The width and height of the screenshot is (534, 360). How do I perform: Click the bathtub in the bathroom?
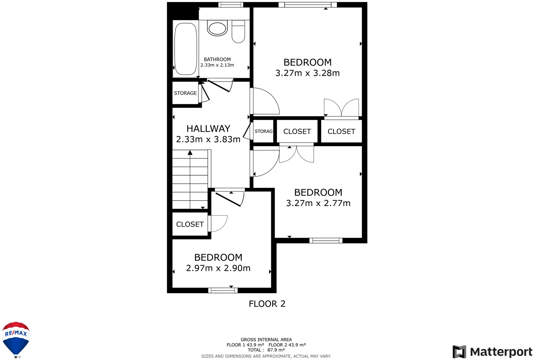[x=186, y=49]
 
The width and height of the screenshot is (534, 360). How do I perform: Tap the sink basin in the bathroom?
[x=217, y=28]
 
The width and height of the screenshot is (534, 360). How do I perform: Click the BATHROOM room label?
[x=217, y=59]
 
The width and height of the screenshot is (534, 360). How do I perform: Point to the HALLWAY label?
[x=208, y=128]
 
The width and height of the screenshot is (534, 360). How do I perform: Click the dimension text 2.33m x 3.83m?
[x=208, y=139]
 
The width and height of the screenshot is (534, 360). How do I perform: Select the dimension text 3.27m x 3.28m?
[x=308, y=73]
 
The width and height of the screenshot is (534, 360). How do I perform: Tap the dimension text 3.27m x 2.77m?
[x=318, y=203]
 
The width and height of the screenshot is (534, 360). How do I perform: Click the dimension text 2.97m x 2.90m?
[x=218, y=268]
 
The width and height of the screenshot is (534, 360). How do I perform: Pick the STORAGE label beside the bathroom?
[x=185, y=93]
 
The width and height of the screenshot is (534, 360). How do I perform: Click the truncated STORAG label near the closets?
[x=263, y=131]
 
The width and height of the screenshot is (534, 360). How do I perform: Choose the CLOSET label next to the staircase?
[x=190, y=224]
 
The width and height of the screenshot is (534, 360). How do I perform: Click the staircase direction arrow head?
[x=190, y=153]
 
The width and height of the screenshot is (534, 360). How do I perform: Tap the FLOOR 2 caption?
[x=267, y=304]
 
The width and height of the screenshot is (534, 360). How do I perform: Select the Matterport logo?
[x=492, y=352]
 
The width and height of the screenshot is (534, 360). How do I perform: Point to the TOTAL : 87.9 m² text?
[x=266, y=350]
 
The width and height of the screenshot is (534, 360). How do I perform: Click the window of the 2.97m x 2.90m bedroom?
[x=223, y=291]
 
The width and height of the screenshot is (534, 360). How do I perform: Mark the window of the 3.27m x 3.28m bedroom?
[x=308, y=5]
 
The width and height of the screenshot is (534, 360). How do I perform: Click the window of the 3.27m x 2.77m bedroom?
[x=326, y=240]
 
